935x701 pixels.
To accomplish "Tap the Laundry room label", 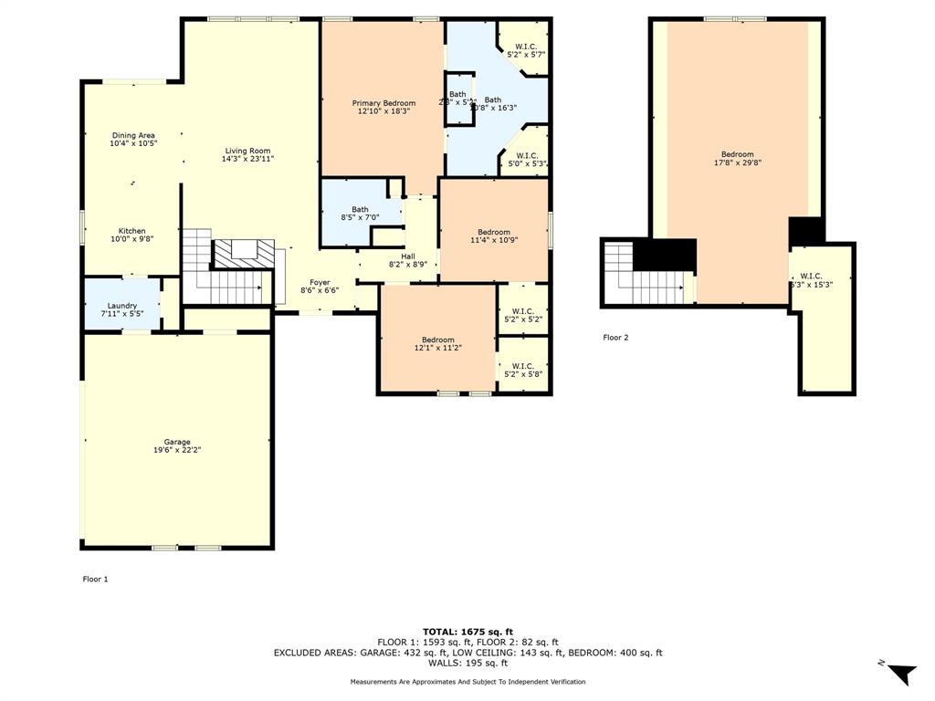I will coord(121,306).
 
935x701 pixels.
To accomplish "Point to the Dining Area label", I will coord(133,135).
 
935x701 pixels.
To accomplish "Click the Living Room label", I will coord(247,151).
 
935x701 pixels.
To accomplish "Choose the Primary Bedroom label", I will coord(383,103).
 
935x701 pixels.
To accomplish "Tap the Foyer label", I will coord(320,282).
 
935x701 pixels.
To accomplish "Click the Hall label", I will coord(408,256).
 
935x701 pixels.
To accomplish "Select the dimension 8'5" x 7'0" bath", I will coord(360,217).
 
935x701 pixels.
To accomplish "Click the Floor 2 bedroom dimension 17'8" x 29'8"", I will coord(737,162).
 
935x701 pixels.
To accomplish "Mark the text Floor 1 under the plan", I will coord(95,579).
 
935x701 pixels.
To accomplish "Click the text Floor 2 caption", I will coord(615,338).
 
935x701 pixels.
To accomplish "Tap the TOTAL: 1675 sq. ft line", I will coord(467,632).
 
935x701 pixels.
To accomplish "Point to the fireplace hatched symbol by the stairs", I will coord(243,253).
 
